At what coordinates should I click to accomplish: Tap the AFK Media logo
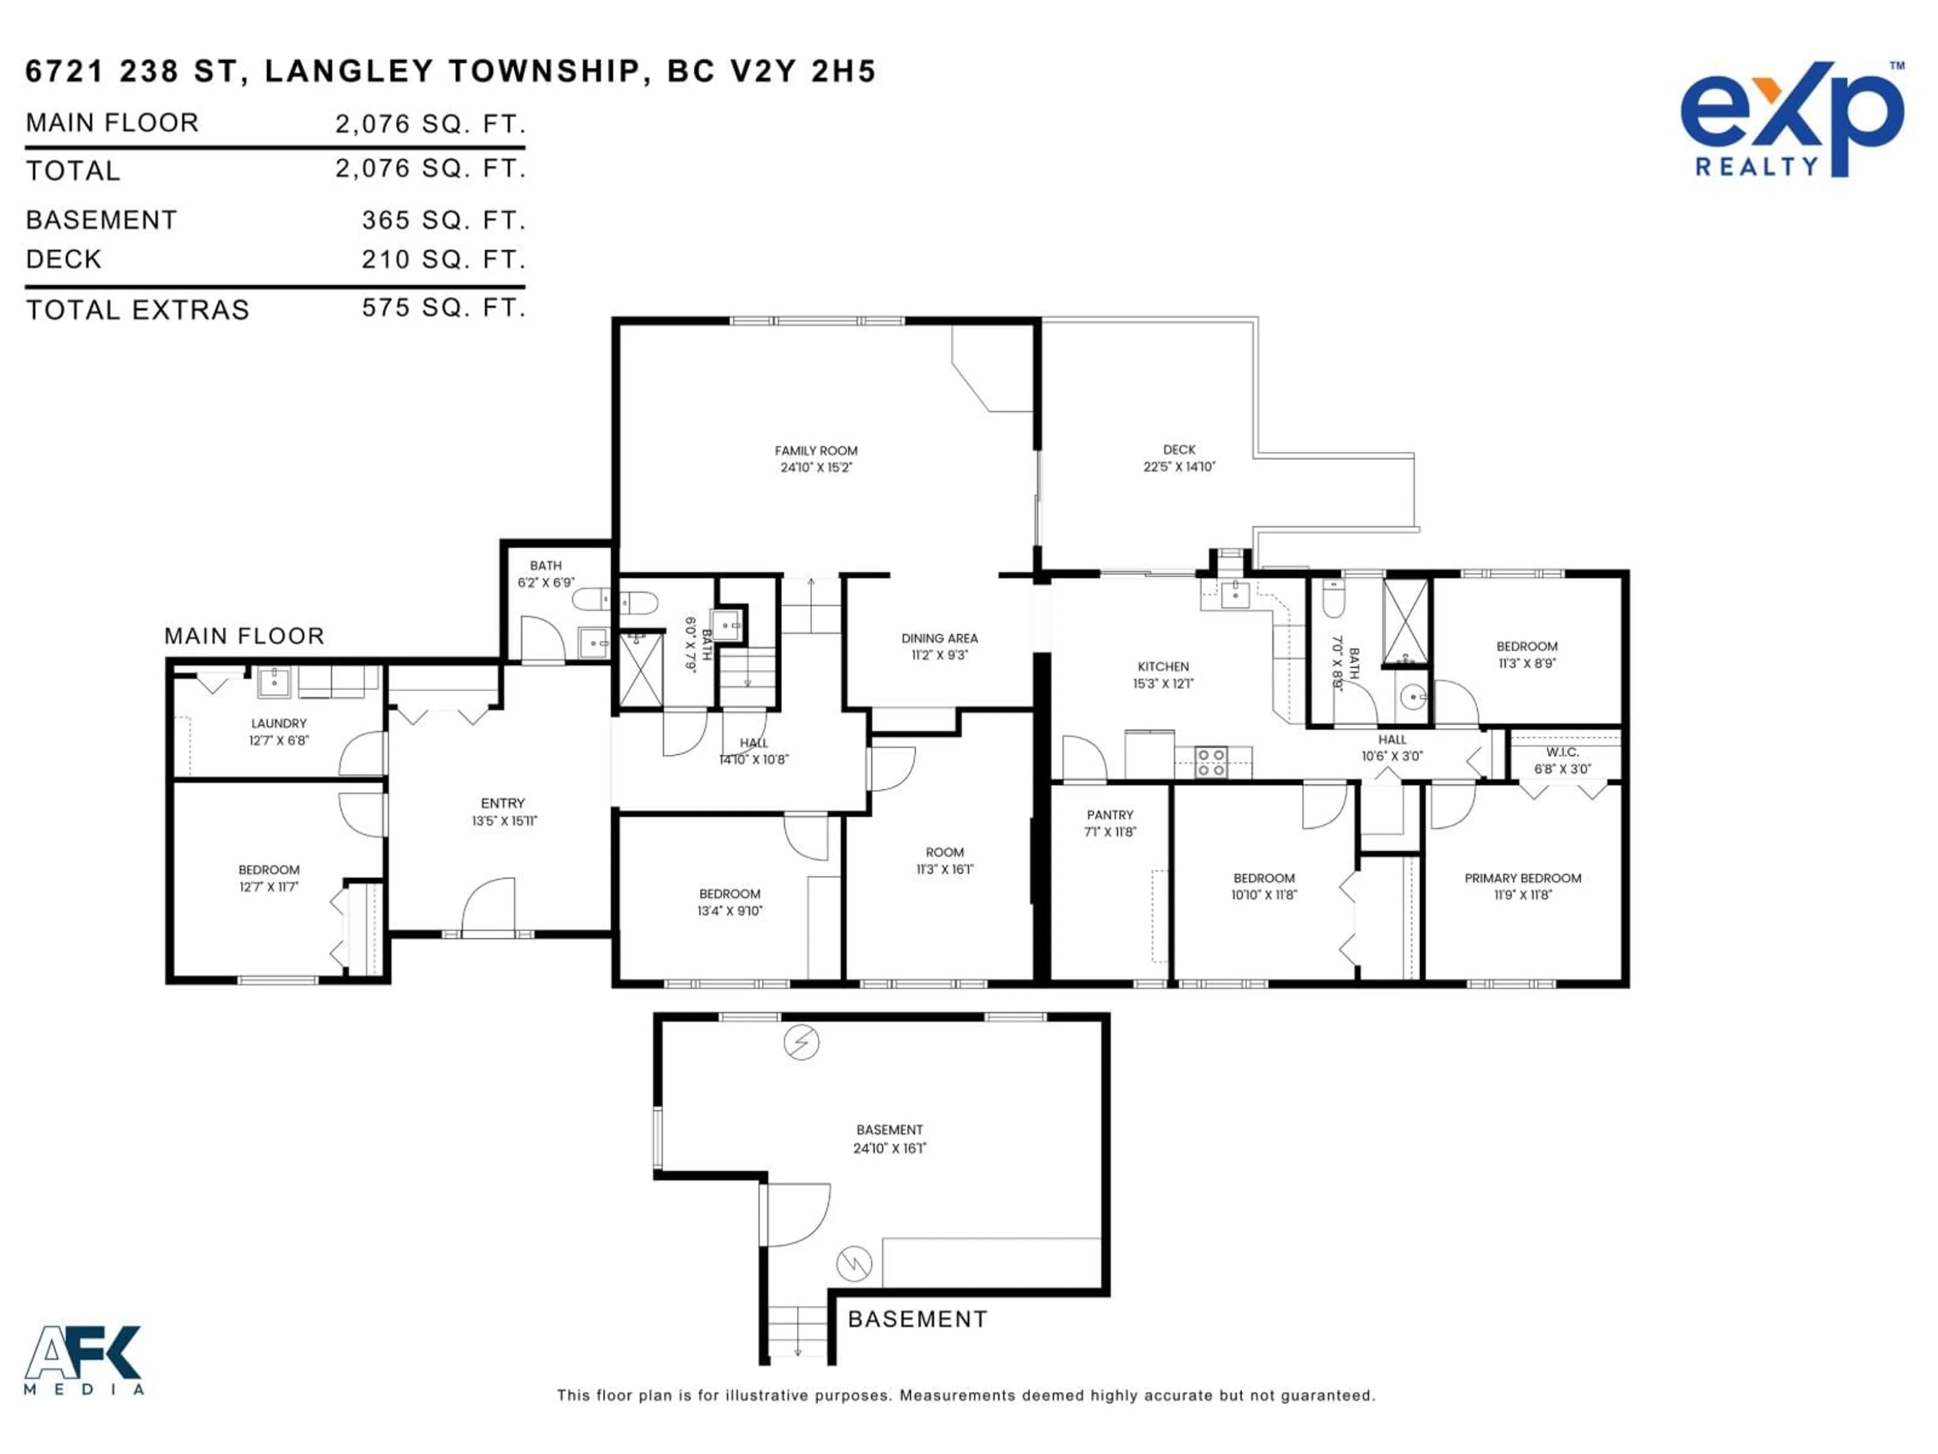[83, 1359]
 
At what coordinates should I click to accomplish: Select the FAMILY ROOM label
[816, 450]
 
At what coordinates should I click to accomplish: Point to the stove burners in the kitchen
[1212, 762]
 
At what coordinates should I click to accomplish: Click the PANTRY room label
[1109, 815]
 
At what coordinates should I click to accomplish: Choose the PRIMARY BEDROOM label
[1523, 878]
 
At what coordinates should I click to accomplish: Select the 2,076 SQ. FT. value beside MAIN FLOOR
[429, 124]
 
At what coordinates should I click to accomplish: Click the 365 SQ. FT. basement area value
[443, 220]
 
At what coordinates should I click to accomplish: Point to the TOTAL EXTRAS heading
[138, 310]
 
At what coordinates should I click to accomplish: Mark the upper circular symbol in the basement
[801, 1043]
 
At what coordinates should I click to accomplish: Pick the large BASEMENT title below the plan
[918, 1319]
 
